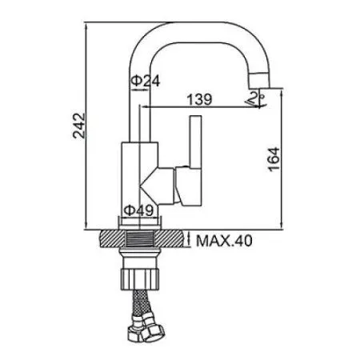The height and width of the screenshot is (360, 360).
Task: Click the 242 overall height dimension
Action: [79, 126]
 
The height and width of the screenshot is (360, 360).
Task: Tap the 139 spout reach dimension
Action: [199, 99]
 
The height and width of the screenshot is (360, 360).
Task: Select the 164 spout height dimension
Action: [274, 159]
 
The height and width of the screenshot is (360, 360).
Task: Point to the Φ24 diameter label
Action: [146, 81]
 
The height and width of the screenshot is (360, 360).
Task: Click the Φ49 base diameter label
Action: [138, 210]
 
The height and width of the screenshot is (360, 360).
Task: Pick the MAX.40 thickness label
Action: [224, 241]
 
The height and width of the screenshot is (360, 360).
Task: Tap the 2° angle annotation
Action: [257, 98]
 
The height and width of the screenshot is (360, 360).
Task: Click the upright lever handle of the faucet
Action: [195, 142]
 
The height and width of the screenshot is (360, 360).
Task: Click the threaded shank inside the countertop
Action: [140, 239]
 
